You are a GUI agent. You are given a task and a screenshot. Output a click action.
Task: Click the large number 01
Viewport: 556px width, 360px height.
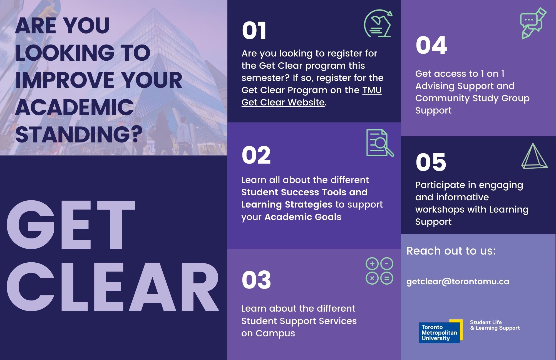click(x=254, y=31)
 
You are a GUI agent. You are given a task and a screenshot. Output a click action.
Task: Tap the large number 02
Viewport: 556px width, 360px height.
click(x=256, y=155)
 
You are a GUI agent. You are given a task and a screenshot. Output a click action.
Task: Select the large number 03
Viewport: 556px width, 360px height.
click(x=256, y=280)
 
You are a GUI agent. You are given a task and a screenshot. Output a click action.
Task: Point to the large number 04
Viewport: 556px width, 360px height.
click(x=431, y=45)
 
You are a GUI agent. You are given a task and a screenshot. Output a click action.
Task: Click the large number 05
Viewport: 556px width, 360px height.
click(x=431, y=162)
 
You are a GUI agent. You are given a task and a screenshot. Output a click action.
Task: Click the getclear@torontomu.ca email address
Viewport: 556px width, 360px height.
click(x=458, y=281)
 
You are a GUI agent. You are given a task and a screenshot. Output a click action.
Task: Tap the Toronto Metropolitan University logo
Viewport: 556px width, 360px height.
click(x=441, y=331)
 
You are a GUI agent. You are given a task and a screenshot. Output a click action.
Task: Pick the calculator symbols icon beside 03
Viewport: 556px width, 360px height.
click(x=379, y=271)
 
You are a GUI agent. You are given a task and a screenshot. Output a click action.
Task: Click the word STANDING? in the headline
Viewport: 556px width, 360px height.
click(x=79, y=134)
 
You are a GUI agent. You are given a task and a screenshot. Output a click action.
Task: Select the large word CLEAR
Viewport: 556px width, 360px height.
click(x=113, y=287)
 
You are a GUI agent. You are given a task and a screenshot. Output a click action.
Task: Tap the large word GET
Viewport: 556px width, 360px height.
click(x=71, y=225)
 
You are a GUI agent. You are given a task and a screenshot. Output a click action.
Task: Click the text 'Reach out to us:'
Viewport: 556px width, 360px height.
click(x=451, y=251)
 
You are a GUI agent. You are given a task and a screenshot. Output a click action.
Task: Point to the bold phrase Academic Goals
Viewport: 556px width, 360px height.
click(x=303, y=217)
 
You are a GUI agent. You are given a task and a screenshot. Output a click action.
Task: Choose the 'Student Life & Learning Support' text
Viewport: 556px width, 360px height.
click(x=495, y=325)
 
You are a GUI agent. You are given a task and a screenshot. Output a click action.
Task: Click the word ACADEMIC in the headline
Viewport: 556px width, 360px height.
click(x=75, y=107)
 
